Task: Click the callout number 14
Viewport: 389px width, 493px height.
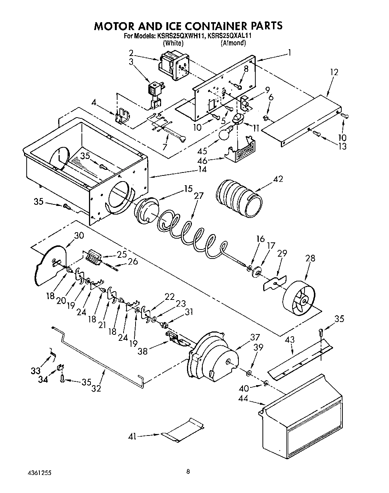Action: coord(203,169)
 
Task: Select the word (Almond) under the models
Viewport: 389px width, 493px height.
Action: coord(233,43)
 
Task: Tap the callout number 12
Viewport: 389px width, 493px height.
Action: coord(334,72)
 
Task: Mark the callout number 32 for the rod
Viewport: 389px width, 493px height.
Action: coord(96,388)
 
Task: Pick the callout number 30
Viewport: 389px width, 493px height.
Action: coord(79,236)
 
